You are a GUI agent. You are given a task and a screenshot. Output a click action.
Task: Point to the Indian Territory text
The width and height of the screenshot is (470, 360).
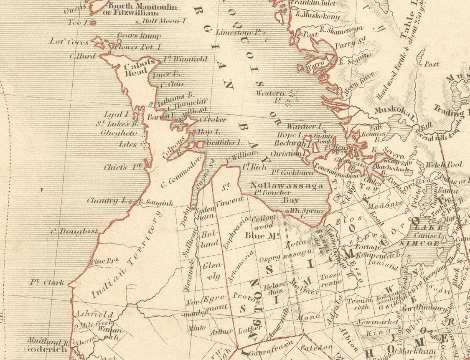point(125,258)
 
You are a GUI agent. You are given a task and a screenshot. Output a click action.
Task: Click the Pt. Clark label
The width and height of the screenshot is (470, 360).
point(47,282)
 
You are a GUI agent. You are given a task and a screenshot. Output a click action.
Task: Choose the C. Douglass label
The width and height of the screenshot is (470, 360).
point(74,231)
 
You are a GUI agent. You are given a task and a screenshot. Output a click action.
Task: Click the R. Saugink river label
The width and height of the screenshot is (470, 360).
point(155,203)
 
